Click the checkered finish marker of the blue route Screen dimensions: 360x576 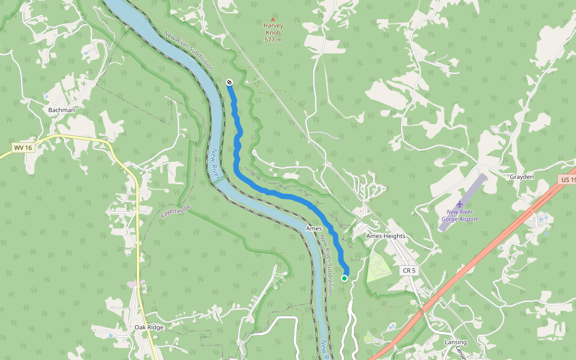(229, 82)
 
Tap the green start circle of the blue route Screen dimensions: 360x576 (344, 278)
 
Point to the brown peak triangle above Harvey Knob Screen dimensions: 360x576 (274, 19)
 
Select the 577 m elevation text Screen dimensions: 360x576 (273, 40)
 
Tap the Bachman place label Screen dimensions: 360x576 (62, 110)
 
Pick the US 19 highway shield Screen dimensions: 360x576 (566, 179)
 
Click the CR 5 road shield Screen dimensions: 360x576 (409, 271)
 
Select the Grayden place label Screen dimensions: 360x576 (521, 177)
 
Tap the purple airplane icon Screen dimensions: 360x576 (460, 204)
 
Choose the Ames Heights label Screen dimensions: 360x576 (386, 236)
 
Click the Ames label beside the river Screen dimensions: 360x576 (314, 229)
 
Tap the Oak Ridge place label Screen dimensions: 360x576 (149, 327)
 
